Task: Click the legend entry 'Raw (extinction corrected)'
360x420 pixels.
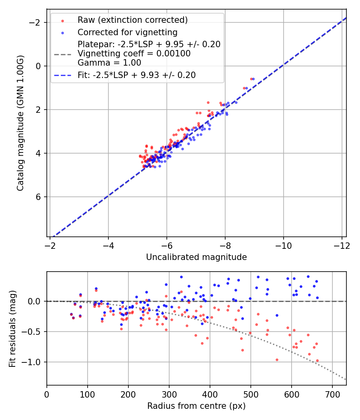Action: [x=132, y=20]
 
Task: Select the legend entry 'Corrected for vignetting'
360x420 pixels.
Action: [x=127, y=32]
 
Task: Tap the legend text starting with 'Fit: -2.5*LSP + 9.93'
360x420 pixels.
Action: [x=136, y=75]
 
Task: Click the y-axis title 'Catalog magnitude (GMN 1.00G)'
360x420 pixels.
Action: [x=20, y=123]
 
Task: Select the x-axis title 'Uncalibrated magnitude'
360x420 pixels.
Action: [x=196, y=257]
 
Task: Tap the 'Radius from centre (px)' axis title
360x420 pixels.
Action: [x=196, y=406]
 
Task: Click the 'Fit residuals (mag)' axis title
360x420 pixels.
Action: [x=12, y=328]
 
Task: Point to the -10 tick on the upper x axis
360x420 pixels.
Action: [x=283, y=246]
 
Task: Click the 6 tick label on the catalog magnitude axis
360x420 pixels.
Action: [x=39, y=197]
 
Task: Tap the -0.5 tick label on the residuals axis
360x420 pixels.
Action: [x=35, y=332]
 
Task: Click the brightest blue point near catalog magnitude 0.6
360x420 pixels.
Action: [x=253, y=79]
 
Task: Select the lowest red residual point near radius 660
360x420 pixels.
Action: [x=317, y=360]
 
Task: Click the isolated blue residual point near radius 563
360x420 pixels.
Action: [x=276, y=315]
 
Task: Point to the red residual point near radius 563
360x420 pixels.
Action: [x=276, y=360]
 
